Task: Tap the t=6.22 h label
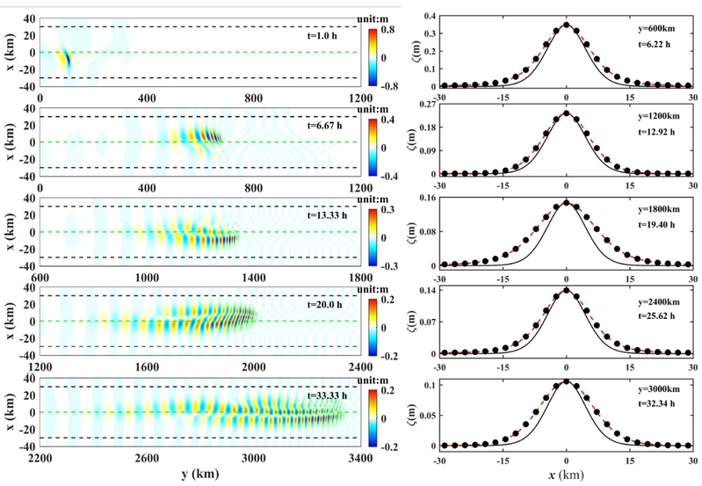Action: point(655,46)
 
